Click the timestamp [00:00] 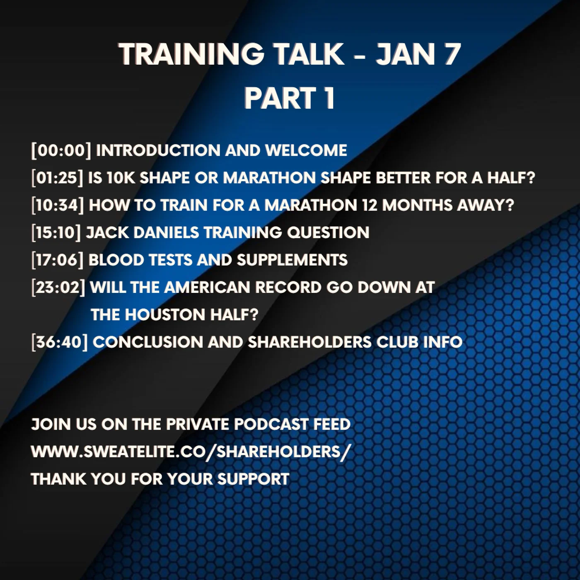tap(61, 150)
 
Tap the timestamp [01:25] tap(57, 178)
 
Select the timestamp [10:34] tap(58, 205)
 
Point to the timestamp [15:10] tap(56, 232)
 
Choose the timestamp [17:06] tap(57, 260)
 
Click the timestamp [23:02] tap(58, 287)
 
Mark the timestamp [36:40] tap(59, 342)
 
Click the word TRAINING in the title tap(191, 54)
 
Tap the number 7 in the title tap(452, 54)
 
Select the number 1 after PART tap(329, 99)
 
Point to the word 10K tap(121, 178)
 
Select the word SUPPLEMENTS tap(292, 260)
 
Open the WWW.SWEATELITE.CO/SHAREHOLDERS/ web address tap(191, 452)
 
